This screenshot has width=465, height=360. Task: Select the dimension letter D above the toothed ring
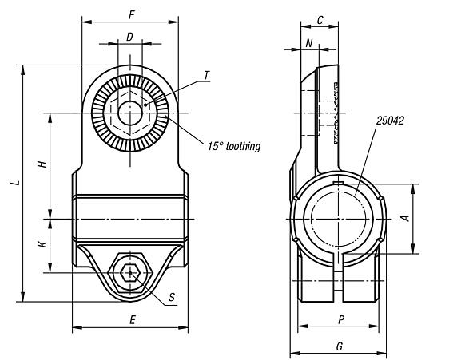[x=129, y=36]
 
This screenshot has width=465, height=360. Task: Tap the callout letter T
[x=206, y=75]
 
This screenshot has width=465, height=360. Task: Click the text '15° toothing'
[x=234, y=146]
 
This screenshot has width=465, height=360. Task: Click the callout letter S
[x=172, y=299]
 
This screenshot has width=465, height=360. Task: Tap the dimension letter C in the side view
[x=319, y=20]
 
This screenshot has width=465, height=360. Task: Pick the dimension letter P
[x=340, y=318]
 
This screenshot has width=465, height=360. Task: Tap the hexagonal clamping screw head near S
[x=129, y=273]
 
